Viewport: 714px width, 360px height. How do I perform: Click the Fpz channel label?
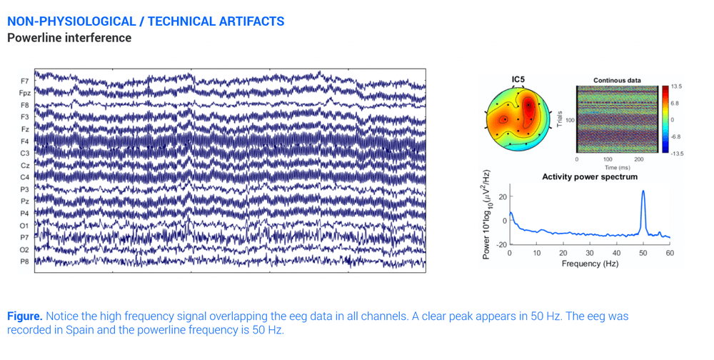[x=25, y=93]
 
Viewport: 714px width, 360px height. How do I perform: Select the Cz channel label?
[x=26, y=165]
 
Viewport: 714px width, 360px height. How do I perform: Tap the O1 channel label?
[x=25, y=225]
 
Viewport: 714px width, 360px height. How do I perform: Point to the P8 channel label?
[x=25, y=261]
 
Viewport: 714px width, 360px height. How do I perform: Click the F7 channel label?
[x=25, y=81]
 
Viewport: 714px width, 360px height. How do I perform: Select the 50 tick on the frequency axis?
[x=643, y=253]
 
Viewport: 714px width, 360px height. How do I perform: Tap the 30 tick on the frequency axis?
[x=590, y=253]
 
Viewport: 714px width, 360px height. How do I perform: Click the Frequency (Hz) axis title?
[x=590, y=264]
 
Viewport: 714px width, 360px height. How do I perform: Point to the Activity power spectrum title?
[x=590, y=176]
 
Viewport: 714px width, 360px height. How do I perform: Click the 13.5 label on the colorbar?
[x=676, y=86]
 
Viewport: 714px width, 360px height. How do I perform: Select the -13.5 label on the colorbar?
[x=677, y=153]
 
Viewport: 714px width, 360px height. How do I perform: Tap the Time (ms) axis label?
[x=617, y=167]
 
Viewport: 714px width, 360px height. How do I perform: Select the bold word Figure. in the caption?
[x=25, y=316]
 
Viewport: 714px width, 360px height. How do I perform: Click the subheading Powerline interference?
[x=69, y=38]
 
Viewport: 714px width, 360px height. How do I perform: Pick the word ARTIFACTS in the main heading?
[x=246, y=21]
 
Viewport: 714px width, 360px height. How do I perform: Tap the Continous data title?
[x=617, y=80]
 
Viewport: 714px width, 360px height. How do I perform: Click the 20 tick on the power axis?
[x=502, y=196]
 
